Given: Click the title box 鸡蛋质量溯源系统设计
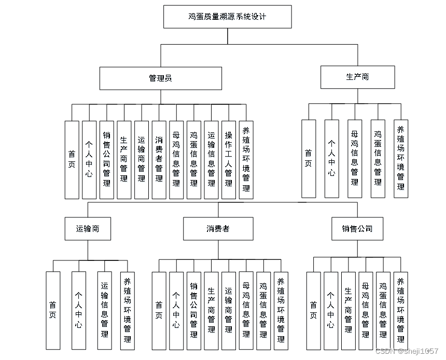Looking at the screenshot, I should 227,17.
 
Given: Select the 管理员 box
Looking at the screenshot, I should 160,78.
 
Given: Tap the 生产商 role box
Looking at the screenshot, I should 357,77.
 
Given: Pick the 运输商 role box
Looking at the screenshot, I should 88,229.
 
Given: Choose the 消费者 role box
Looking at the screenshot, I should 218,229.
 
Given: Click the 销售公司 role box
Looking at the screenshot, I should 357,229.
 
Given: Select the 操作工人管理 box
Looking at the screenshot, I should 229,160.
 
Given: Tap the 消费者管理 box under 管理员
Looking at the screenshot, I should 159,160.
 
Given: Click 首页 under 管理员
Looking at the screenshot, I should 72,160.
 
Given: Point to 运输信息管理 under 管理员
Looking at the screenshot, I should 212,160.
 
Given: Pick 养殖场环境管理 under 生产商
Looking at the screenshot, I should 400,158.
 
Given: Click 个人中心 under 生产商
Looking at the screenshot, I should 331,158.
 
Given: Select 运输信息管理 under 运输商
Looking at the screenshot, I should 104,310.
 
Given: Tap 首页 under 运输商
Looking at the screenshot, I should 52,310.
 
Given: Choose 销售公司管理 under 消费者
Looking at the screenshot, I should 193,310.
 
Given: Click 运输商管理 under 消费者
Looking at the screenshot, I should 229,310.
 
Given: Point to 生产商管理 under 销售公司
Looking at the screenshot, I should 349,310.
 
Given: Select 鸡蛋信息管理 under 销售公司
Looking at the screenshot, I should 383,310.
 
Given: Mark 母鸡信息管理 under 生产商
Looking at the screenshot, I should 355,158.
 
